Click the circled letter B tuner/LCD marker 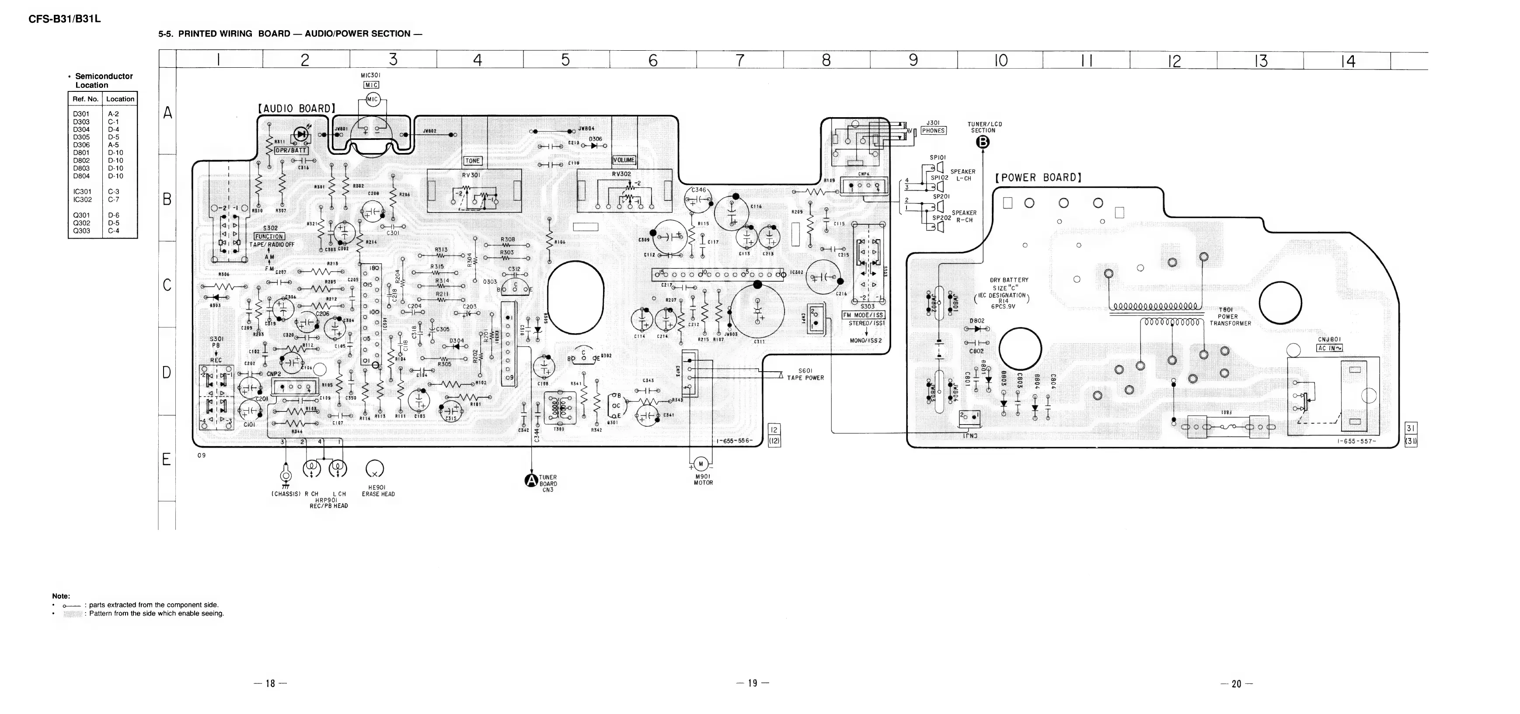[983, 142]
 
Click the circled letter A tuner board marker [531, 481]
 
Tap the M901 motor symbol [701, 464]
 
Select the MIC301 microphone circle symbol [372, 100]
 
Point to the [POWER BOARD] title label [1039, 178]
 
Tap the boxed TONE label [473, 160]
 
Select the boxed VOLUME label [624, 160]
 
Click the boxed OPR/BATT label [291, 150]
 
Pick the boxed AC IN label [1329, 348]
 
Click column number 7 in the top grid [740, 60]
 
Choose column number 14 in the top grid [1348, 61]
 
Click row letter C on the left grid [167, 285]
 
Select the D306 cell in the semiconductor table [81, 145]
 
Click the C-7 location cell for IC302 [114, 199]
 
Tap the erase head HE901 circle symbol [375, 469]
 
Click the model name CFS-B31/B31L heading [65, 19]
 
